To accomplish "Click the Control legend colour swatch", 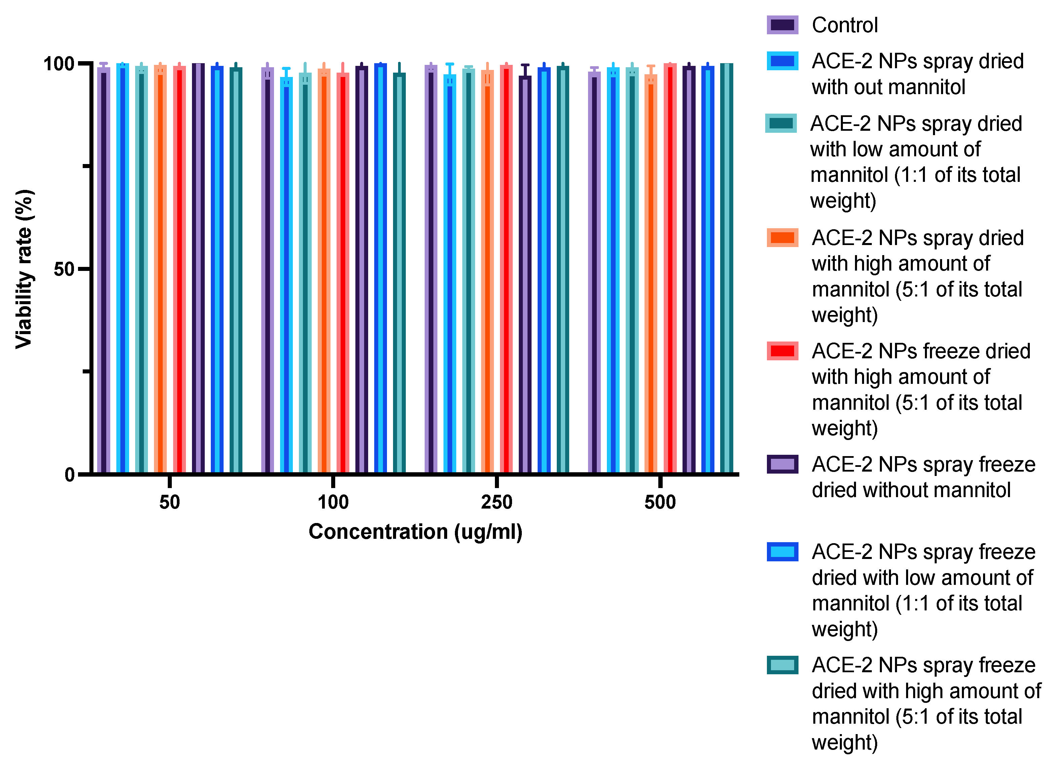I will pyautogui.click(x=782, y=25).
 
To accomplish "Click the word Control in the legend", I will pyautogui.click(x=844, y=25).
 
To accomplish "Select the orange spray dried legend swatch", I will pyautogui.click(x=782, y=238).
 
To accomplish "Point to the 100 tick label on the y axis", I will pyautogui.click(x=59, y=64).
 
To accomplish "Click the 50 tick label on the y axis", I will pyautogui.click(x=64, y=269).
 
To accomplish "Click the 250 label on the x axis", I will pyautogui.click(x=496, y=502).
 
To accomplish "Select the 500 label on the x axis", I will pyautogui.click(x=660, y=502).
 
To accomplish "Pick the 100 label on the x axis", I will pyautogui.click(x=333, y=502).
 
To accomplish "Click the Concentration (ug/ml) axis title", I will pyautogui.click(x=415, y=532).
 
